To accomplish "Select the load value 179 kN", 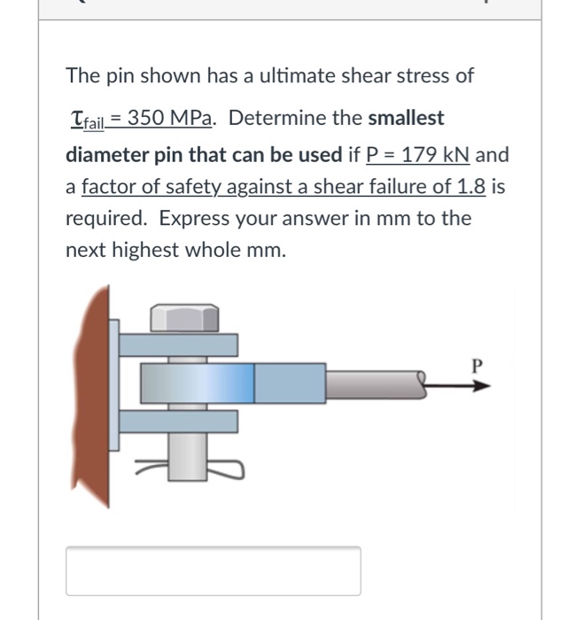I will pos(435,154).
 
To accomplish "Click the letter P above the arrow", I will pos(478,365).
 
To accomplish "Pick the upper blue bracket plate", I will pos(177,345).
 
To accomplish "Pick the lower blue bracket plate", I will pos(177,422).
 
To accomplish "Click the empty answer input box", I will pos(213,570).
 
